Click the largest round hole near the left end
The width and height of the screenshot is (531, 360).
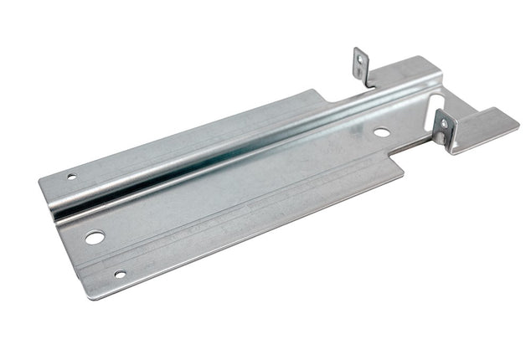pos(94,238)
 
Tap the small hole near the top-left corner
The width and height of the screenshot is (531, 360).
pos(72,177)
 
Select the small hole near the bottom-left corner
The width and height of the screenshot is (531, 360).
pos(120,274)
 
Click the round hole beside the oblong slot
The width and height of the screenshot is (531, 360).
pos(381,132)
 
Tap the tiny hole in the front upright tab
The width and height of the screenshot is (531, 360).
pos(444,125)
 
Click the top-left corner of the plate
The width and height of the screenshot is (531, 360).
pos(41,179)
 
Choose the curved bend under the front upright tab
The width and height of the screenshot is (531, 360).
pos(453,149)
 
